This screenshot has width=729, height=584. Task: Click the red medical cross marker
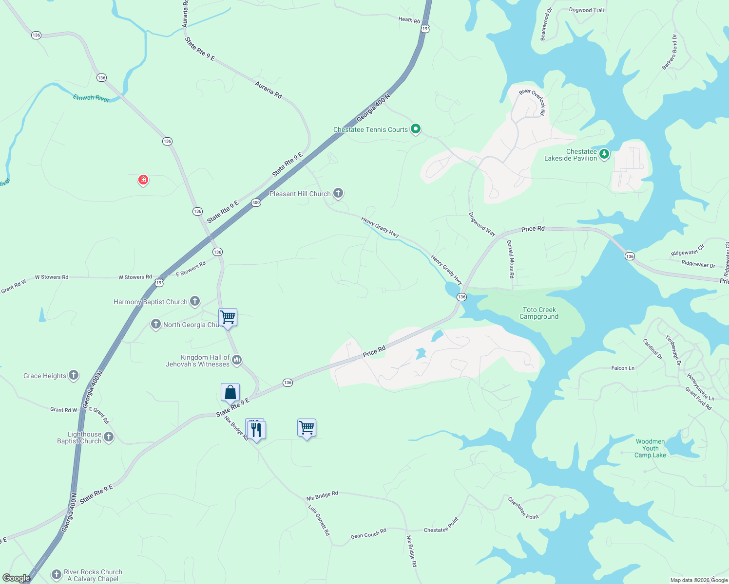coord(143,180)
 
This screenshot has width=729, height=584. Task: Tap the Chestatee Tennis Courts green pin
coord(416,129)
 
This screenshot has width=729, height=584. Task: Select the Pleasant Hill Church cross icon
coord(338,193)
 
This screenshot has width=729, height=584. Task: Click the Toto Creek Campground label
coord(539,313)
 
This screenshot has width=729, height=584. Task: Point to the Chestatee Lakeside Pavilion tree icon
coord(604,154)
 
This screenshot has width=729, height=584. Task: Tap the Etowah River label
coord(91,98)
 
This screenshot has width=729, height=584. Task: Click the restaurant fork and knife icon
coord(256,429)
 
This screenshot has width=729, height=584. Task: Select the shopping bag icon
coord(230,392)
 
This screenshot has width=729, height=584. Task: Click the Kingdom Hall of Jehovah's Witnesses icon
coord(237,360)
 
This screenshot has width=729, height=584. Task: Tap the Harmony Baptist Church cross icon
coord(195,301)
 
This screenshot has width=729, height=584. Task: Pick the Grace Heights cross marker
coord(74,375)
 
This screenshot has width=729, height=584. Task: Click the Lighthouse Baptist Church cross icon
coord(109,437)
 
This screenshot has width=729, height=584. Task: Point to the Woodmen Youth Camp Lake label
coord(650,448)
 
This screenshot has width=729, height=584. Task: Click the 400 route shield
coord(256,202)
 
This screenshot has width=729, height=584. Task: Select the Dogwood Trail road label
coord(586,10)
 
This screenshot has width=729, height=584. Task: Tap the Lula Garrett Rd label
coord(319,520)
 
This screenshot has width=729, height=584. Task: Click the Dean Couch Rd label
coord(368,533)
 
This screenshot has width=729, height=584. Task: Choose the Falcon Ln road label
coord(623,368)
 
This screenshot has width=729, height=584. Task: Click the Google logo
coord(16,578)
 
